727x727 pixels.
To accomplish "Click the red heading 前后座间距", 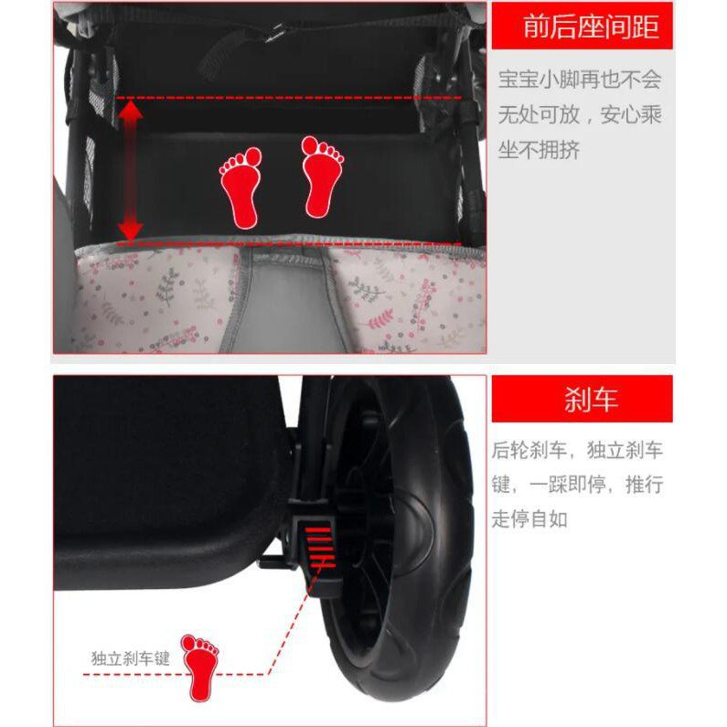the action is point(591,27).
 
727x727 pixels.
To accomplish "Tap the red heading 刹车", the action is point(591,400).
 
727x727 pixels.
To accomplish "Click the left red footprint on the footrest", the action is point(241,187).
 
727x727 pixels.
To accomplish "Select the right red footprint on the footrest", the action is point(322,176).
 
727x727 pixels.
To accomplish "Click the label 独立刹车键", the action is point(131,658).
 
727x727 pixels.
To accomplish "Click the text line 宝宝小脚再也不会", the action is point(580,80).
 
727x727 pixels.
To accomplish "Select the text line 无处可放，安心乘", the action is point(580,114).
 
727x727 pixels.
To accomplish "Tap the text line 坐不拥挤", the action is point(539,150).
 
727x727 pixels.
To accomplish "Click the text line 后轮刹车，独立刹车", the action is point(577,450).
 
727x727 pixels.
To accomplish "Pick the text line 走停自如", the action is point(529,519).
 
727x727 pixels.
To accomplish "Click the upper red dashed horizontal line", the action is point(288,98).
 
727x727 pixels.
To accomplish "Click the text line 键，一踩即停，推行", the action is point(577,485).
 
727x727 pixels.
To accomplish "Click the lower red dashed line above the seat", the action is point(288,243).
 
